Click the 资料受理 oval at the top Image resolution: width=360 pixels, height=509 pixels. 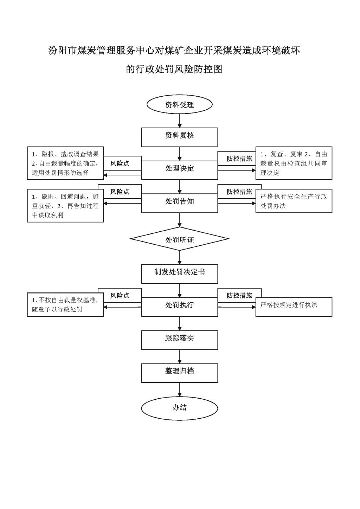click(x=180, y=104)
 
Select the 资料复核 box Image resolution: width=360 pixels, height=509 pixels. click(x=180, y=137)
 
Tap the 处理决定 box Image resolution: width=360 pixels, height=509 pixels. click(x=180, y=170)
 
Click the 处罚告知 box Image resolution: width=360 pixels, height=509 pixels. click(x=180, y=203)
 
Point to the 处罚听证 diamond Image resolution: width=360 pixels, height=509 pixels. click(x=180, y=239)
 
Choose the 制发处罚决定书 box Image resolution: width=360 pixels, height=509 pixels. click(x=180, y=273)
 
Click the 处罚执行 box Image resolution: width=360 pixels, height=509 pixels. click(x=180, y=307)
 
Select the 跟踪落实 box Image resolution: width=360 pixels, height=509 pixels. click(x=180, y=340)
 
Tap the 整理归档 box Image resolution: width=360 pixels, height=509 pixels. click(x=180, y=373)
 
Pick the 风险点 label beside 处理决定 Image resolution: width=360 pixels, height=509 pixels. click(x=120, y=163)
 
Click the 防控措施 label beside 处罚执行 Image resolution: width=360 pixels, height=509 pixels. click(x=239, y=295)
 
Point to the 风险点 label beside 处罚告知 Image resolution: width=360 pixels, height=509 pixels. click(x=120, y=192)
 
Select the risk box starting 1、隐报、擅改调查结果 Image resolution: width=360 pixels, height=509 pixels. click(x=65, y=163)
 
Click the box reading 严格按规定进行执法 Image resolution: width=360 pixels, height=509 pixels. click(x=294, y=307)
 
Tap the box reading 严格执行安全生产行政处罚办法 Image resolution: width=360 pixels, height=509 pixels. click(x=294, y=201)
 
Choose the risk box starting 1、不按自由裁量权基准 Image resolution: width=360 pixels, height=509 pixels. click(x=65, y=304)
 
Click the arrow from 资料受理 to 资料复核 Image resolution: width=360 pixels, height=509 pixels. click(x=180, y=121)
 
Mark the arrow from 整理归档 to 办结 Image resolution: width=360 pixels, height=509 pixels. click(x=180, y=390)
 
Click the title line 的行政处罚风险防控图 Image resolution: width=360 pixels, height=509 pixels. click(x=174, y=69)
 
